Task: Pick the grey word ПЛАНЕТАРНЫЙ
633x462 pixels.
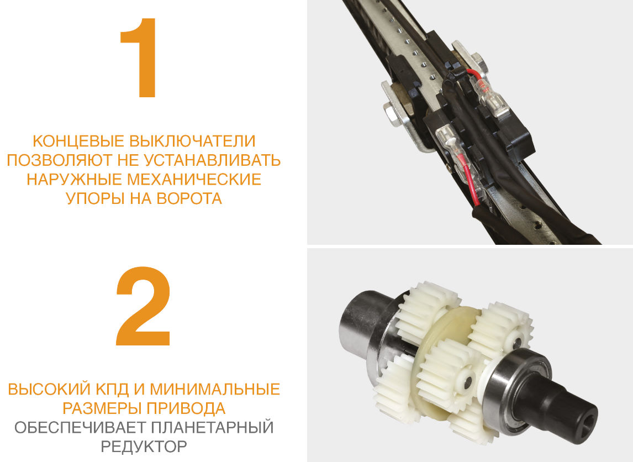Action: coord(213,427)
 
